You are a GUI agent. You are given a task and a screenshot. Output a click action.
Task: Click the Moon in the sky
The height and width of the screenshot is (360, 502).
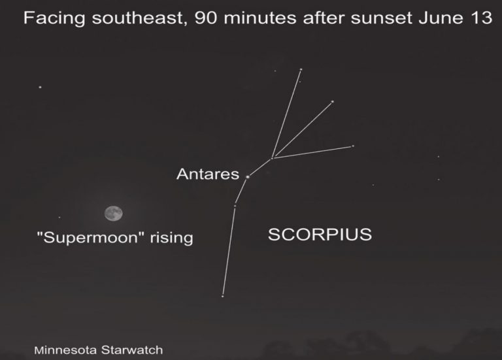pyautogui.click(x=113, y=214)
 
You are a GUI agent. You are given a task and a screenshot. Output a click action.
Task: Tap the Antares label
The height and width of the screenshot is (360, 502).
pyautogui.click(x=208, y=174)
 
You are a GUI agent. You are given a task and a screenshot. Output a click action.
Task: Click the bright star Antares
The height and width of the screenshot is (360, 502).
pyautogui.click(x=248, y=176)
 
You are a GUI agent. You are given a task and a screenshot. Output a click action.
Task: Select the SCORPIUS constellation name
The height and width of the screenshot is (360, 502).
pyautogui.click(x=320, y=235)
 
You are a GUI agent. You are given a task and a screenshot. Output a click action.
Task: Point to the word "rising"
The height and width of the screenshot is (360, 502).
pyautogui.click(x=172, y=238)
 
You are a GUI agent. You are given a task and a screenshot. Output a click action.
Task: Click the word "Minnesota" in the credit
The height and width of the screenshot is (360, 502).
pyautogui.click(x=65, y=350)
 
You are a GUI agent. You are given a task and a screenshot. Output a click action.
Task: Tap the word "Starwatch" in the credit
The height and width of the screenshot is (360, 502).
pyautogui.click(x=132, y=350)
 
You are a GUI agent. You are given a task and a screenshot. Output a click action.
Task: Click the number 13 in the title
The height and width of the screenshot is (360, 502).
pyautogui.click(x=481, y=18)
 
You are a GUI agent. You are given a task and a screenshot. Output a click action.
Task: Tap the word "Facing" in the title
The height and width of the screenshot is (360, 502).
pyautogui.click(x=54, y=18)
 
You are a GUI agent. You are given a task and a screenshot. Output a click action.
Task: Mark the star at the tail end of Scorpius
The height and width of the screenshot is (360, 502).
pyautogui.click(x=222, y=297)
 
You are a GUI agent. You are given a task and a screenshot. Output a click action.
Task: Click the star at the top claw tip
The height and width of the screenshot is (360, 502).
pyautogui.click(x=301, y=69)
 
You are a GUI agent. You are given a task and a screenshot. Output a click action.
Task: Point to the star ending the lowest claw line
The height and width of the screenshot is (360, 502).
pyautogui.click(x=353, y=146)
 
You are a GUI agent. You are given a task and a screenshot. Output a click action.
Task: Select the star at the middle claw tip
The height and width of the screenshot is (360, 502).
pyautogui.click(x=332, y=102)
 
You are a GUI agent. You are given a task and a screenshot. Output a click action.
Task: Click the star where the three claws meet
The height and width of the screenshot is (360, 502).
pyautogui.click(x=273, y=157)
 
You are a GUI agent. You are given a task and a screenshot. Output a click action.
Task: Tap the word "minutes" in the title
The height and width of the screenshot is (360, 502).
pyautogui.click(x=260, y=18)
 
